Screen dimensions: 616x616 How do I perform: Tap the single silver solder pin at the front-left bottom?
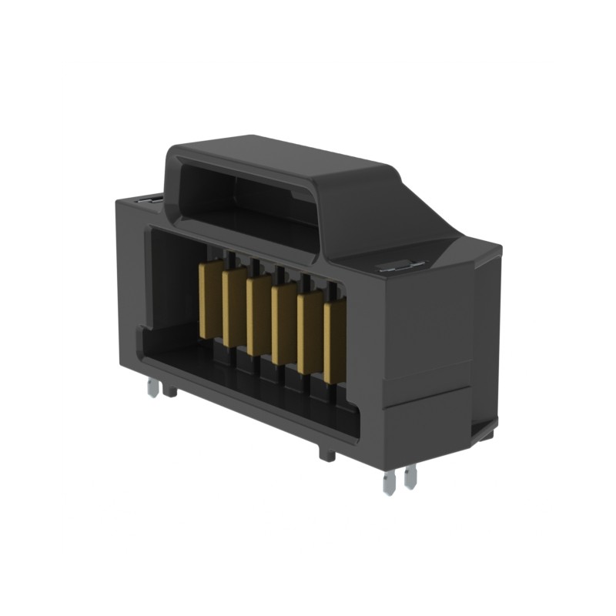coord(153,389)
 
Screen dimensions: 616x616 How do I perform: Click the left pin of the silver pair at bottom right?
coord(390,482)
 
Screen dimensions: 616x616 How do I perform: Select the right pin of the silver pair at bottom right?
coord(410,477)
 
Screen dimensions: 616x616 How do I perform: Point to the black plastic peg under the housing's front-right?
coord(327,454)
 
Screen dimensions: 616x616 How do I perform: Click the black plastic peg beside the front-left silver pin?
coord(169,390)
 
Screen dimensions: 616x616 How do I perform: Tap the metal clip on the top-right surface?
coord(400,266)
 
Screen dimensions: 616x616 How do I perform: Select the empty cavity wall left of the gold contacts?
coord(173,285)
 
